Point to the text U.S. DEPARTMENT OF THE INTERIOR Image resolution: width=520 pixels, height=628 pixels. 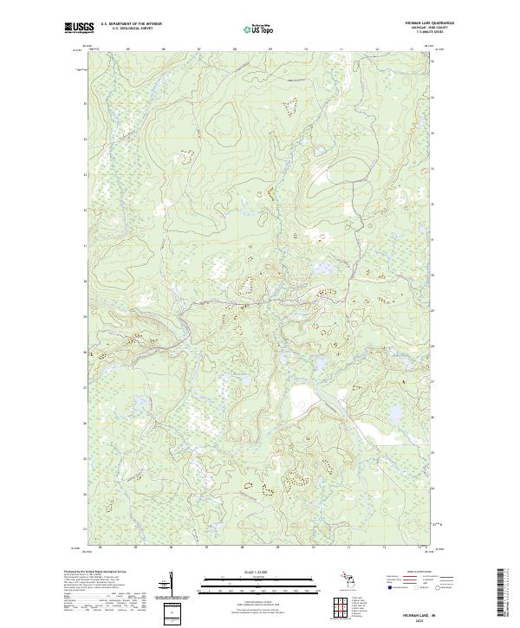pos(131,24)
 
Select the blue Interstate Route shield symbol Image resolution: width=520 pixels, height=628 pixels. pos(388,586)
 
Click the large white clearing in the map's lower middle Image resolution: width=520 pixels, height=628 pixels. pos(302,400)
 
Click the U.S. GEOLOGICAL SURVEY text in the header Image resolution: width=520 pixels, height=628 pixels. pos(131,29)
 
